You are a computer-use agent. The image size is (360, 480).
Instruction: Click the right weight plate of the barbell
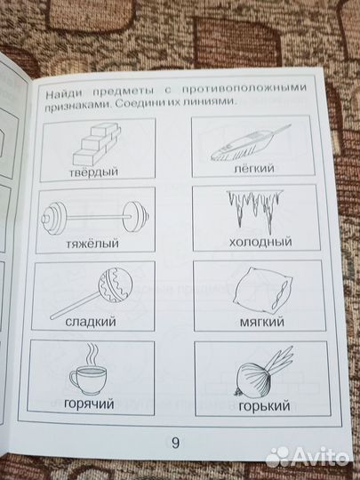138,214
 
